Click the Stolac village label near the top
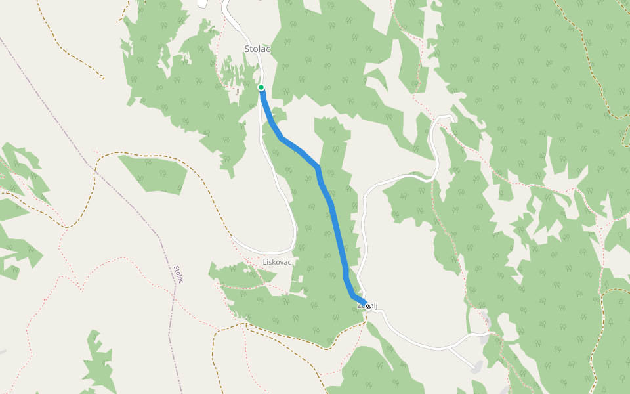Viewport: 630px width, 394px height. tap(257, 49)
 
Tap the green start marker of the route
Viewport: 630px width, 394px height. tap(261, 87)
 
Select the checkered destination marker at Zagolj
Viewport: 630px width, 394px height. tap(368, 306)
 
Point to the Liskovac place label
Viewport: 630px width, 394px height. tap(276, 262)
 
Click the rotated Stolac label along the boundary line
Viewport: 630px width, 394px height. tap(178, 274)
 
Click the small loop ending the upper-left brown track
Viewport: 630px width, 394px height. tap(102, 77)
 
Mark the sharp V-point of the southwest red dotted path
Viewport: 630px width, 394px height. tap(83, 290)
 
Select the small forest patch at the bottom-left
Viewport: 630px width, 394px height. tap(98, 368)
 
